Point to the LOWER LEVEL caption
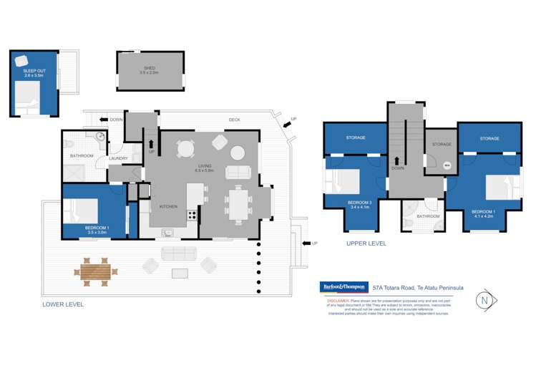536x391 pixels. click(x=63, y=304)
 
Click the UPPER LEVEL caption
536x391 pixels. click(x=366, y=243)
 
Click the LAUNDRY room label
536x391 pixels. click(x=119, y=159)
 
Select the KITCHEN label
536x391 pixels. click(x=168, y=207)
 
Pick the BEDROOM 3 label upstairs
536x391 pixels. click(x=359, y=203)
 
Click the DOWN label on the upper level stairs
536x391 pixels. click(x=396, y=169)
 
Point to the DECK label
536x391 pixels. click(x=234, y=120)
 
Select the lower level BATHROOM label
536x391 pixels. click(x=82, y=155)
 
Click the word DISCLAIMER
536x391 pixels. click(x=338, y=301)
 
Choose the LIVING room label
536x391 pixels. click(x=206, y=167)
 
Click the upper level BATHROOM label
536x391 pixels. click(x=428, y=216)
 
